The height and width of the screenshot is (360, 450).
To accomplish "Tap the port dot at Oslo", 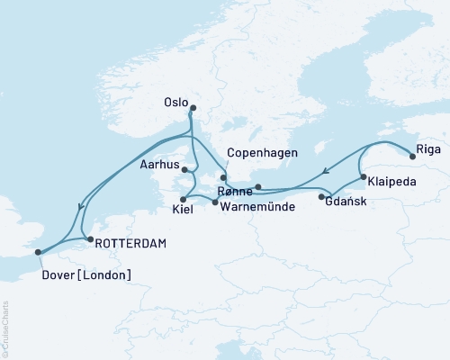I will point(193,109).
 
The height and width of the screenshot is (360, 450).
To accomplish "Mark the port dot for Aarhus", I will point(184,169).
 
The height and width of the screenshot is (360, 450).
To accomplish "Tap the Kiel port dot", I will point(183,199).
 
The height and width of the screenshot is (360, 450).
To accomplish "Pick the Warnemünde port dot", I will point(214,202).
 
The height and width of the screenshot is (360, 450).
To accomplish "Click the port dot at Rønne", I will point(258,187).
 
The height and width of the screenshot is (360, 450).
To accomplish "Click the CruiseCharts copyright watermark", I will point(4,328).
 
